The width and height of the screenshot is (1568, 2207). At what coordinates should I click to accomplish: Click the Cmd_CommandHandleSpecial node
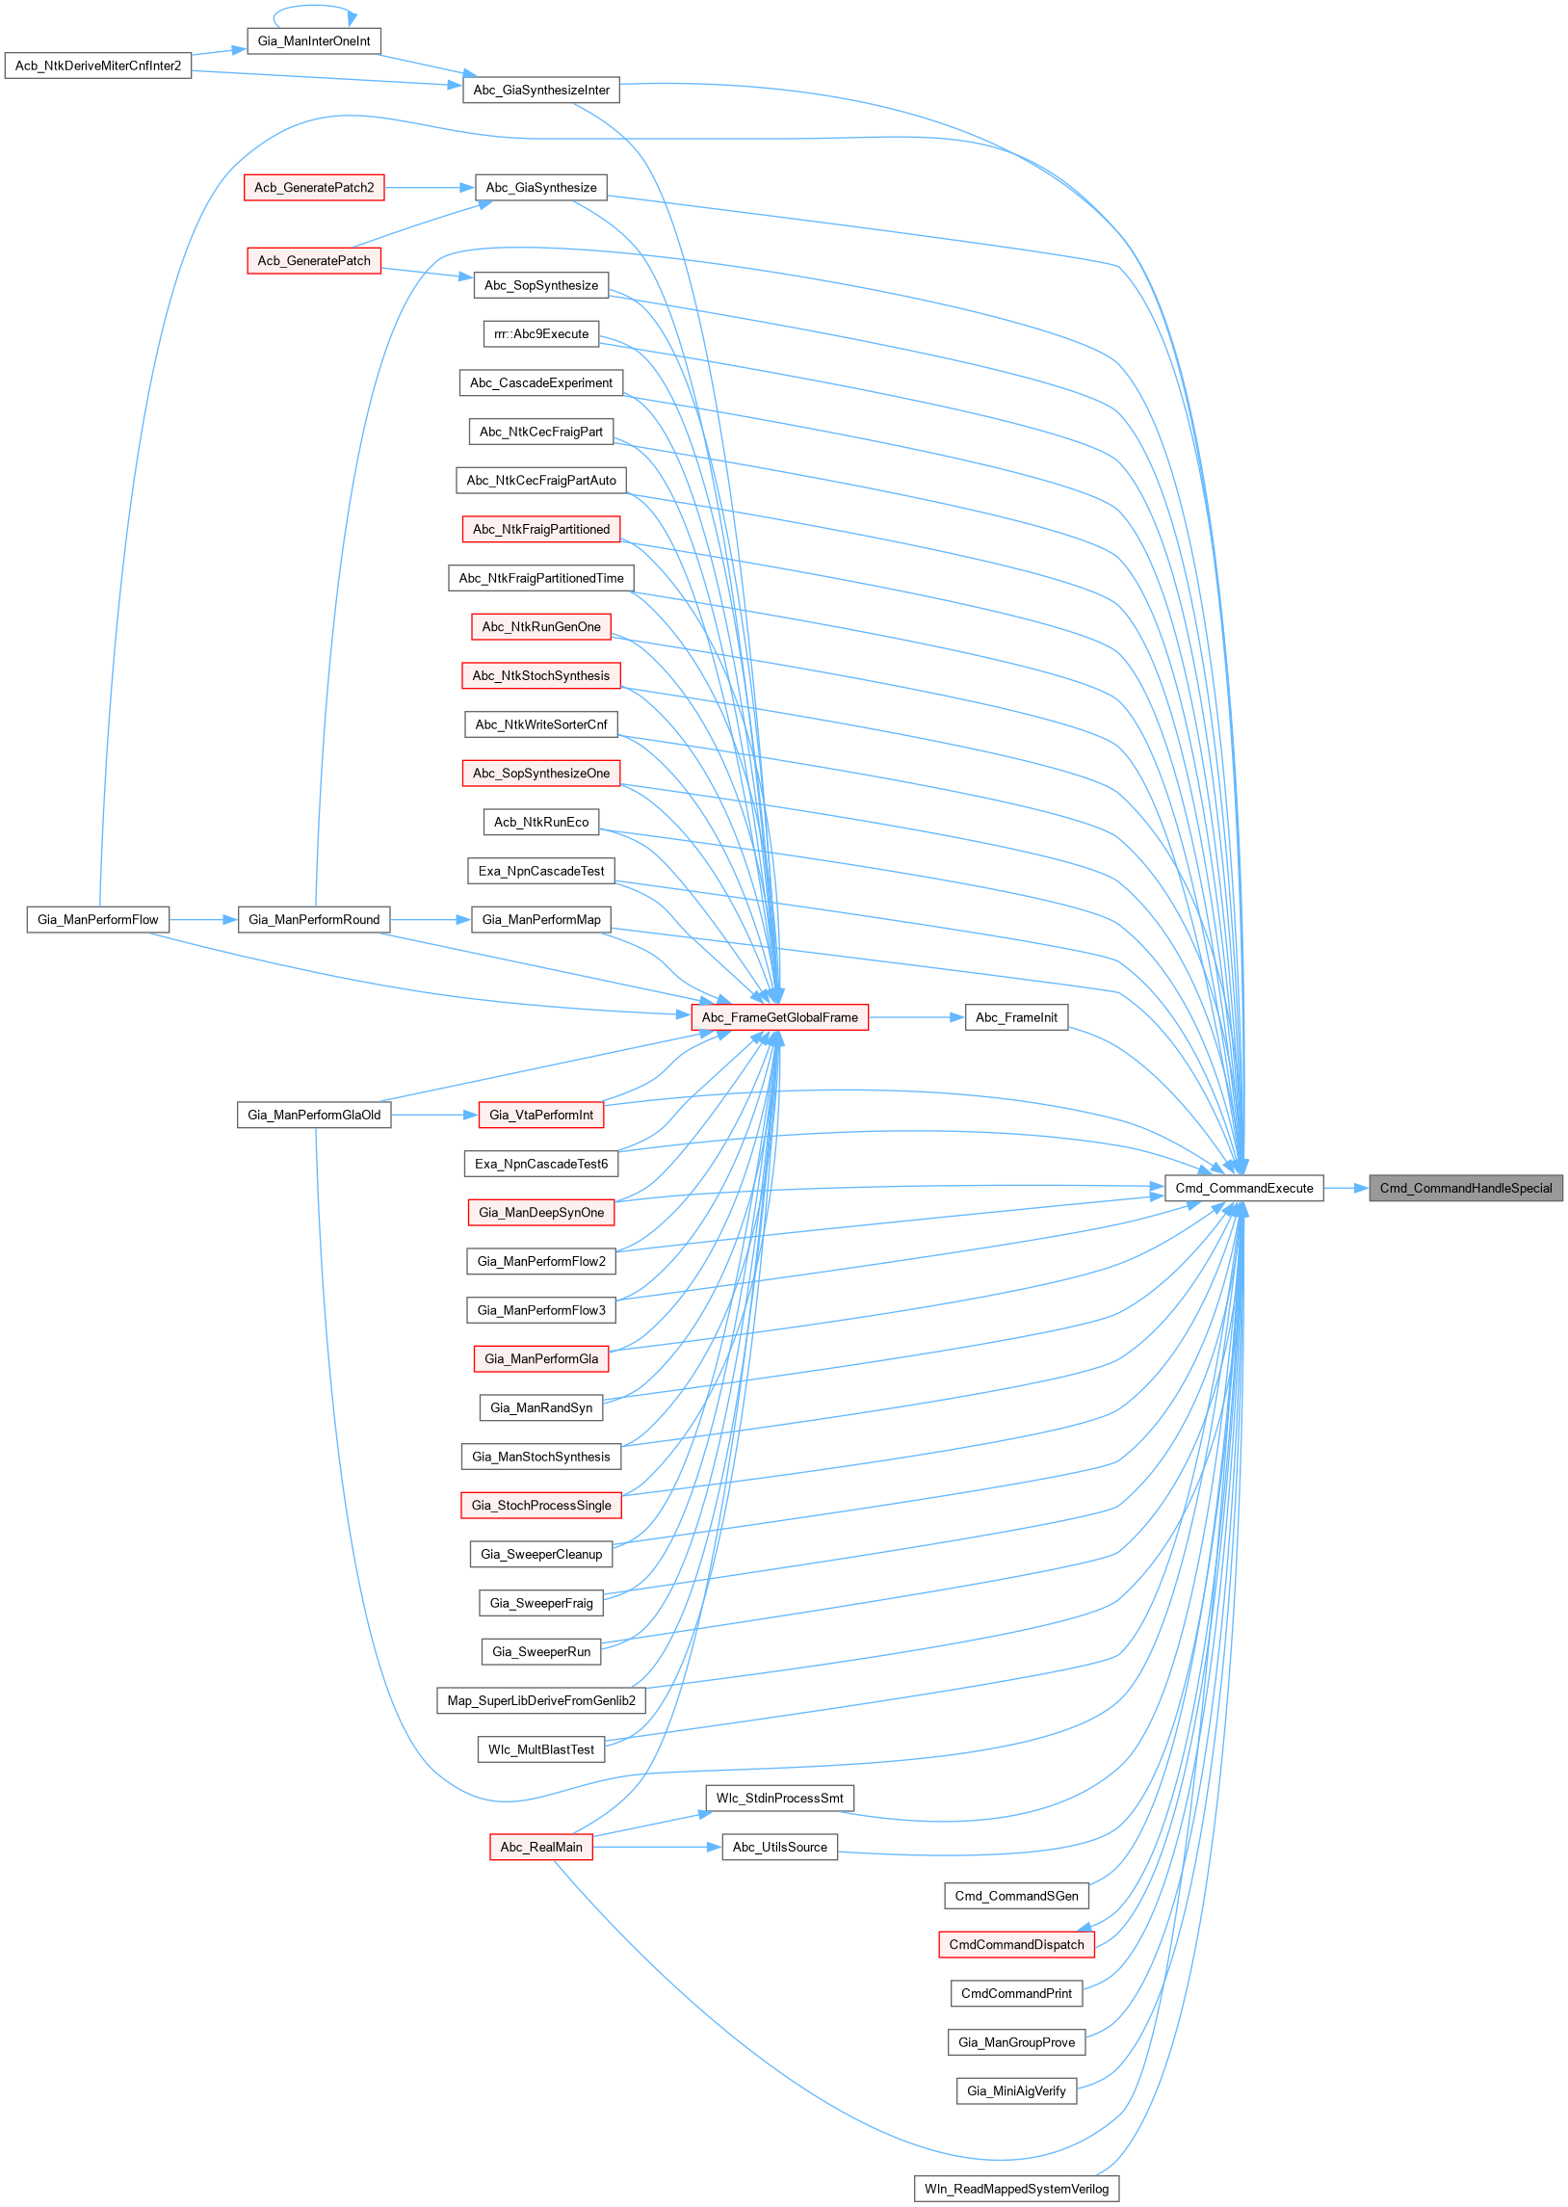[1465, 1189]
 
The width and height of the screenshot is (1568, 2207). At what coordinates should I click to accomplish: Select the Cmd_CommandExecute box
[1243, 1189]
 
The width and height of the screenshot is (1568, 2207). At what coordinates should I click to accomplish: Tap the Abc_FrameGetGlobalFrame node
[779, 1017]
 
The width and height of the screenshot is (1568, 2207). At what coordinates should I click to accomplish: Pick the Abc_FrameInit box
[1016, 1017]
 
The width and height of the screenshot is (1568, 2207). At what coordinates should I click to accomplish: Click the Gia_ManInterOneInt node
[314, 41]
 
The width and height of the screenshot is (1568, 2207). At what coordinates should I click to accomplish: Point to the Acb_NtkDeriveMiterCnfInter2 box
[97, 66]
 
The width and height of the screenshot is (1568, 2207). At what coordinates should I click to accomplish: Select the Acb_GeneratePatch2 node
[314, 187]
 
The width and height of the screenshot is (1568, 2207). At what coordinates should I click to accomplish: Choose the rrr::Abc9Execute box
[540, 334]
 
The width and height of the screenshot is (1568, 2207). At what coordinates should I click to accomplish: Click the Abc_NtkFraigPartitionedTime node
[540, 578]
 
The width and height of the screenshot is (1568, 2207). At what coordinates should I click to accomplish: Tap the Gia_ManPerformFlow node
[97, 920]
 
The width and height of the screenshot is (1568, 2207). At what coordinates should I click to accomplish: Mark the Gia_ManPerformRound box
[314, 920]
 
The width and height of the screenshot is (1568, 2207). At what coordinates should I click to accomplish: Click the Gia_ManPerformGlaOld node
[314, 1116]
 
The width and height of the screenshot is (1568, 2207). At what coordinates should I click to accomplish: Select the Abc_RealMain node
[540, 1847]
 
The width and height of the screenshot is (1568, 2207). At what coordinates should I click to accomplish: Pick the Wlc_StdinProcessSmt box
[779, 1799]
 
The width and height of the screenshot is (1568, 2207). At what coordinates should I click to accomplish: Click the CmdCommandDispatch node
[1016, 1944]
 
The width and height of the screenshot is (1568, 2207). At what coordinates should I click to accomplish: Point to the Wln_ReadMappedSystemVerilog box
[1016, 2189]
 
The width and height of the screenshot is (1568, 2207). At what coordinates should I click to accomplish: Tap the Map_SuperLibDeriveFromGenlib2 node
[540, 1701]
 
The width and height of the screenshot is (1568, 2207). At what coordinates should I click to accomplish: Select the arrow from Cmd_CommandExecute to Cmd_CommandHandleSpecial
[1346, 1189]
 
